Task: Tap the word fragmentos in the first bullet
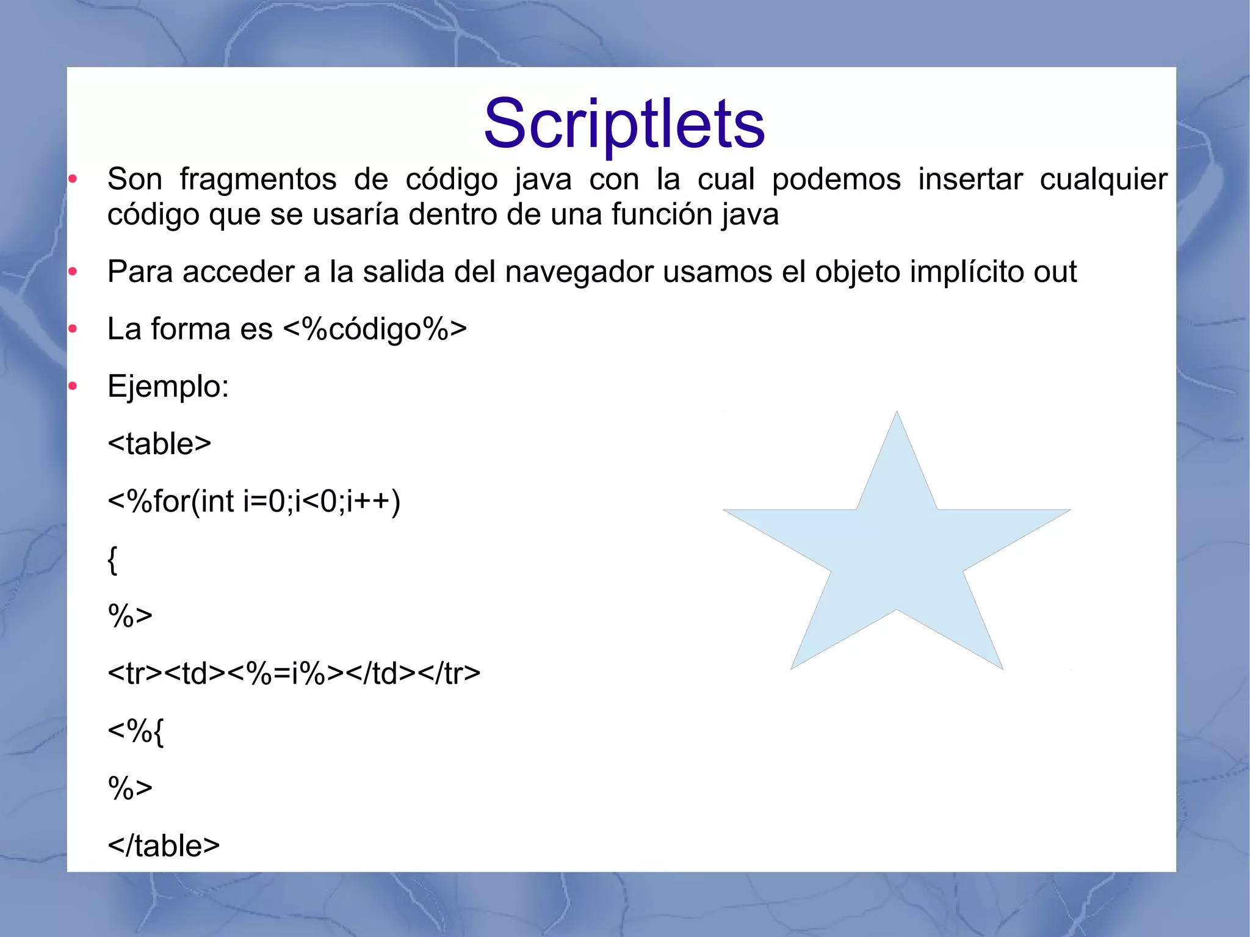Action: [258, 179]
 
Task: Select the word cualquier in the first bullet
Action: [1103, 179]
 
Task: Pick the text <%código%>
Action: [375, 329]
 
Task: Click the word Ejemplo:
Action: [168, 386]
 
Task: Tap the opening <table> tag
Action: [159, 444]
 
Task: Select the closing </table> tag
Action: [164, 845]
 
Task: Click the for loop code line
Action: [254, 501]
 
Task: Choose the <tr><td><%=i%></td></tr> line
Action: [294, 673]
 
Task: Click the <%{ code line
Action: [135, 731]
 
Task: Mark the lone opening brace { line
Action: [112, 560]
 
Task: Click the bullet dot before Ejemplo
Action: [73, 386]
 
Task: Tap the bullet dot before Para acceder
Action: [73, 272]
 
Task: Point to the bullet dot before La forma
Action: [73, 329]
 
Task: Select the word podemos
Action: [836, 179]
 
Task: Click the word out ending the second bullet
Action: [1055, 272]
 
